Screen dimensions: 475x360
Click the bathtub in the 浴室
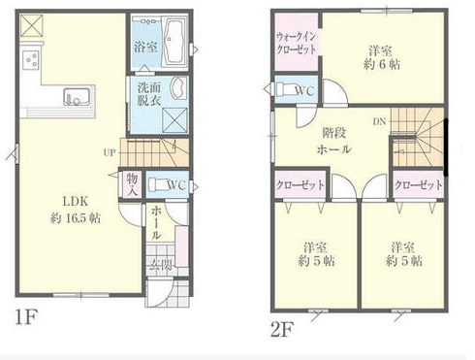[x=174, y=41]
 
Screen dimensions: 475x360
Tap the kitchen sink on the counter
[x=76, y=97]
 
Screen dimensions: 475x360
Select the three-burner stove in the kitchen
[x=32, y=60]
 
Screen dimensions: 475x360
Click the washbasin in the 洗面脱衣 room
[x=178, y=87]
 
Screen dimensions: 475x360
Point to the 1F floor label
[x=26, y=317]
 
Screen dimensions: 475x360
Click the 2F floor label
[x=282, y=330]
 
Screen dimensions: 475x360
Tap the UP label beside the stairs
[x=110, y=152]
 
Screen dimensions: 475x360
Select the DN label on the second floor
[x=380, y=121]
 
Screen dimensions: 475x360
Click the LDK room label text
[x=76, y=202]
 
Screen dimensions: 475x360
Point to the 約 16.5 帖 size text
[x=76, y=218]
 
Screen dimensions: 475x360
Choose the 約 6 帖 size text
[x=382, y=65]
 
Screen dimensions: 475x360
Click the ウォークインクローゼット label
[x=297, y=44]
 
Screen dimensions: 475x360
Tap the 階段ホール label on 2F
[x=334, y=142]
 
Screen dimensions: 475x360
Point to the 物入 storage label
[x=132, y=184]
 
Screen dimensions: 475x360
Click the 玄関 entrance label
[x=161, y=265]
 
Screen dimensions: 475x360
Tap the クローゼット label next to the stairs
[x=419, y=185]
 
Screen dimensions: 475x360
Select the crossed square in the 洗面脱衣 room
[x=174, y=120]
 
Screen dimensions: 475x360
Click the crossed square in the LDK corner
[x=32, y=25]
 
